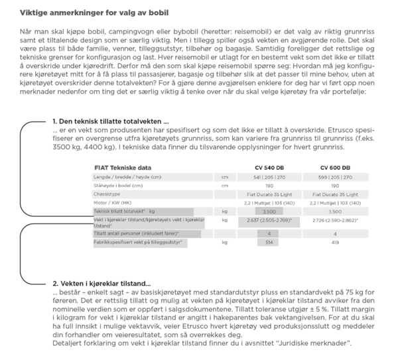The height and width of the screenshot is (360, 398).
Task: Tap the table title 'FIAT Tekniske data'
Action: pyautogui.click(x=123, y=168)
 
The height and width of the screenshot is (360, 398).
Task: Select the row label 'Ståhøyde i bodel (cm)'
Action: pyautogui.click(x=118, y=186)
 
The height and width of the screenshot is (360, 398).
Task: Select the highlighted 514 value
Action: pyautogui.click(x=268, y=243)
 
